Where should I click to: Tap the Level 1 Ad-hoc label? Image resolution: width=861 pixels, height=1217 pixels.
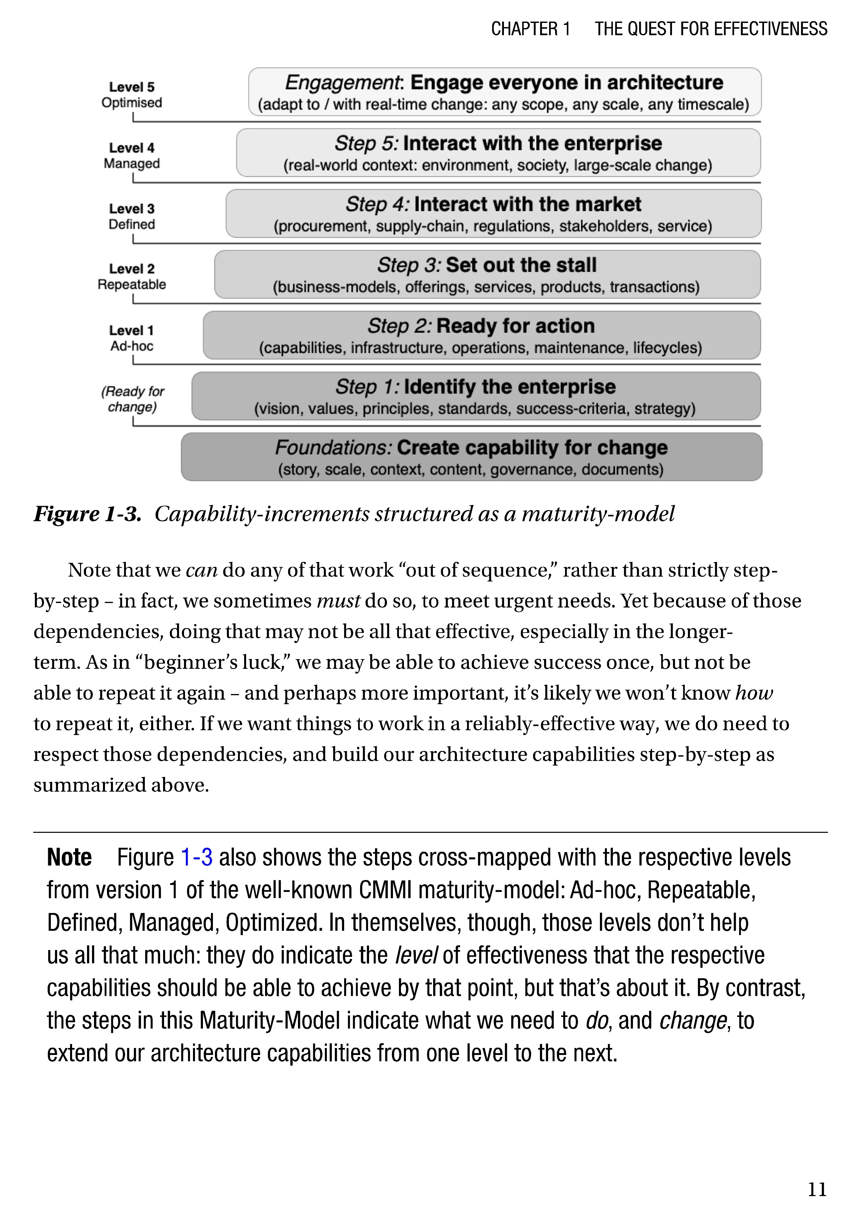132,338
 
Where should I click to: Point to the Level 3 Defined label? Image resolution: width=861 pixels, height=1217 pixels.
132,216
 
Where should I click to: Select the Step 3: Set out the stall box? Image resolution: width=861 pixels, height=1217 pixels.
487,275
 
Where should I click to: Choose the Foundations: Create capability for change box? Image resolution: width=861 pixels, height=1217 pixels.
471,457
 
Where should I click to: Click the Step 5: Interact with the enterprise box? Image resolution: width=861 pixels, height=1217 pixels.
498,153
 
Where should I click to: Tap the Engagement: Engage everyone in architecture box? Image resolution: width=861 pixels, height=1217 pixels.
504,92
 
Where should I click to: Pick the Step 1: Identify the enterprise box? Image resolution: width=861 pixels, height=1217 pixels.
476,396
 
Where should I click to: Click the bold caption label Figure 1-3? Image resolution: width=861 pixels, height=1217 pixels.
87,514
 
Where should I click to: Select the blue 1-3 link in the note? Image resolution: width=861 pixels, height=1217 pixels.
197,857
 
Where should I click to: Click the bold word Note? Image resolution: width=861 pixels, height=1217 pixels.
69,857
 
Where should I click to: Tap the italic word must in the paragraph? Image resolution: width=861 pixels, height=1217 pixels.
338,601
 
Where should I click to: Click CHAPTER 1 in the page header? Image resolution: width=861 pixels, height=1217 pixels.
530,29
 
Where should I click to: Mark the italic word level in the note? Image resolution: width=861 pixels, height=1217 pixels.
416,955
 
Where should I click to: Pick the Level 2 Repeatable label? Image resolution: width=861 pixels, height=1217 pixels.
132,277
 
